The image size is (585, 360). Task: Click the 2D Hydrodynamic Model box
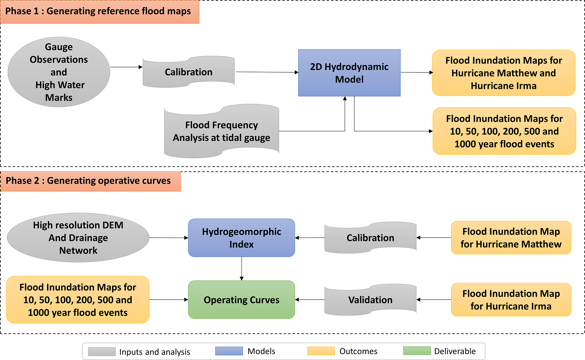[349, 73]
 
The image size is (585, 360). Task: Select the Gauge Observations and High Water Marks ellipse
[59, 72]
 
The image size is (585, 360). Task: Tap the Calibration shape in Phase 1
[189, 72]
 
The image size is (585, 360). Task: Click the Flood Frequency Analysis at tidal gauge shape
[221, 131]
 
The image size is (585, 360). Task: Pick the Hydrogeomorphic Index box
[242, 238]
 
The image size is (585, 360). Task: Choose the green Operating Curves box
[242, 300]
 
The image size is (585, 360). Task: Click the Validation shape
[370, 300]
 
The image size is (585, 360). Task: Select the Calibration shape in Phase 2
[370, 238]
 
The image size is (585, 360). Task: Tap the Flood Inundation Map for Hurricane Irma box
[511, 300]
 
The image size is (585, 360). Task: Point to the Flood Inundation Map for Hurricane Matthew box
[511, 238]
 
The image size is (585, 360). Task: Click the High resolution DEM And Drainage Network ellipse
[78, 238]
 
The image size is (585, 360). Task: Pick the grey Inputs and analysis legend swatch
[102, 352]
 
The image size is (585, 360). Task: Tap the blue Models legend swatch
[229, 351]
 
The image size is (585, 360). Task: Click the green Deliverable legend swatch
[417, 351]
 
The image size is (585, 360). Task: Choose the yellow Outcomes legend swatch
[321, 351]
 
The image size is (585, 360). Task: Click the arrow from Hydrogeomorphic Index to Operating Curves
[242, 269]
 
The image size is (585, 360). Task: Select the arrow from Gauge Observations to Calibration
[126, 67]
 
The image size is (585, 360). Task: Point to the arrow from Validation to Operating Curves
[310, 300]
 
